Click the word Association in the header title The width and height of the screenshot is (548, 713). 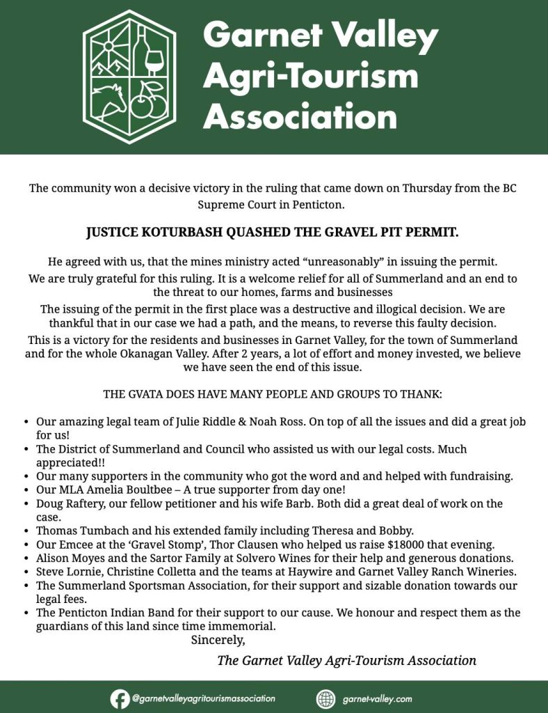[x=300, y=116]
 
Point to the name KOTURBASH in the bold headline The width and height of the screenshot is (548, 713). [x=178, y=233]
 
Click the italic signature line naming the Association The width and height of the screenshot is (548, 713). [x=347, y=660]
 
